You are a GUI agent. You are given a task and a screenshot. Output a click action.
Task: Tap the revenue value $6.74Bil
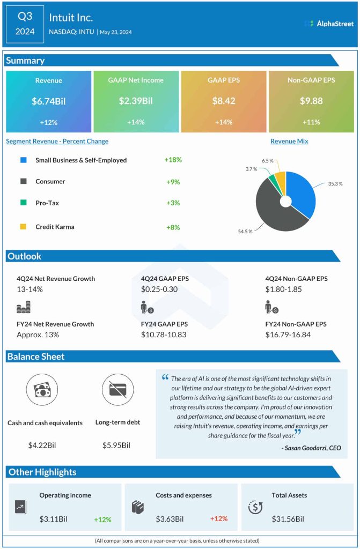click(48, 101)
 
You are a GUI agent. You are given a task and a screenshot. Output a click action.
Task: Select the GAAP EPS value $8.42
click(223, 101)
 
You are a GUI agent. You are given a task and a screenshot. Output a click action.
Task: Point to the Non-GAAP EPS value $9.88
click(311, 101)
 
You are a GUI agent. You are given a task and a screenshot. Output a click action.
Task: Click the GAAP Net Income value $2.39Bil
click(136, 101)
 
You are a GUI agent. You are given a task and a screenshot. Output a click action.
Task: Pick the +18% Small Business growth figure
click(173, 160)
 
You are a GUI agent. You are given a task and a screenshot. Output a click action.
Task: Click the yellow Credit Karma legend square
click(23, 227)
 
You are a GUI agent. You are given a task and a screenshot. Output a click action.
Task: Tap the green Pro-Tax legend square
click(23, 203)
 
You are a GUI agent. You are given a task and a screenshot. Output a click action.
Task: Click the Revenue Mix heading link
click(289, 142)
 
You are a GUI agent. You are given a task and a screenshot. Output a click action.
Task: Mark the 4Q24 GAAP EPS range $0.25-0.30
click(159, 289)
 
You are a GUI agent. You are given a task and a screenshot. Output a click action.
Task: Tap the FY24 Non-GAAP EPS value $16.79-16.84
click(288, 335)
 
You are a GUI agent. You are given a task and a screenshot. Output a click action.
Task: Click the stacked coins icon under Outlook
click(24, 307)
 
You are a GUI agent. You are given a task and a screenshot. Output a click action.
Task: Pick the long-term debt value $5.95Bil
click(116, 445)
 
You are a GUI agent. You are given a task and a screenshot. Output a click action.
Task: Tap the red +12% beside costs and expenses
click(219, 519)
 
